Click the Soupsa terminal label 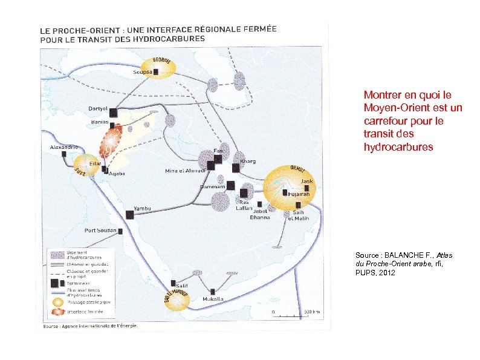click(x=143, y=72)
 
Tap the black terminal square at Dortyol click(x=113, y=112)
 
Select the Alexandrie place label click(x=63, y=147)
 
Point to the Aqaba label click(x=117, y=174)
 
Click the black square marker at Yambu click(x=129, y=214)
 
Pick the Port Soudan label click(x=100, y=231)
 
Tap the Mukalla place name click(x=212, y=299)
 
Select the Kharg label click(x=248, y=162)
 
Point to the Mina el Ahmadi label click(x=186, y=171)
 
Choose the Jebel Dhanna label click(x=260, y=214)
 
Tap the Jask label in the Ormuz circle click(x=307, y=181)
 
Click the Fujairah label click(x=299, y=194)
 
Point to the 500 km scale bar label click(x=311, y=312)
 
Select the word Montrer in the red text click(x=381, y=95)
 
